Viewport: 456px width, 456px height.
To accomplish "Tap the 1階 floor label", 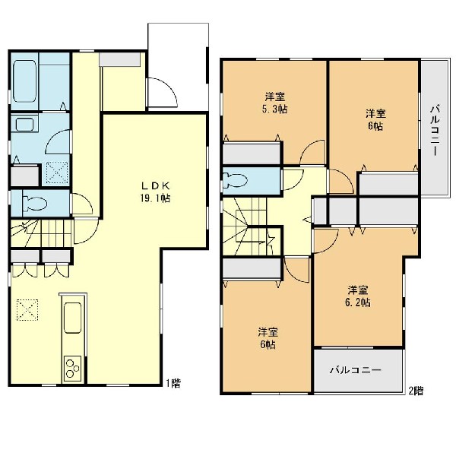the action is [x=173, y=383].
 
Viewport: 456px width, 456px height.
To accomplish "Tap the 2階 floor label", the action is [x=416, y=391].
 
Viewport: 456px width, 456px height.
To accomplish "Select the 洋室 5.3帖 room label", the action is [x=274, y=103].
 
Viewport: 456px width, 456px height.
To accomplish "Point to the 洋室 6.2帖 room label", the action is [x=358, y=296].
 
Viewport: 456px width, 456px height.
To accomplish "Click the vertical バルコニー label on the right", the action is [x=435, y=130].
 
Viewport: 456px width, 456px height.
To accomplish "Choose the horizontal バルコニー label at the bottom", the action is [x=356, y=370].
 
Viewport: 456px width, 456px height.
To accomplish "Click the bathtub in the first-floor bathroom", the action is [x=24, y=81].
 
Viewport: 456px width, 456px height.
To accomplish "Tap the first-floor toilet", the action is [x=35, y=203].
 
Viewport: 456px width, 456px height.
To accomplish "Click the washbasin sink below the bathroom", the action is [x=24, y=124].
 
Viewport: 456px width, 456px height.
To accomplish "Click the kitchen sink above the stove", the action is [x=72, y=318].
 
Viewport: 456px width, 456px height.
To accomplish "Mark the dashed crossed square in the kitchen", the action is [x=27, y=310].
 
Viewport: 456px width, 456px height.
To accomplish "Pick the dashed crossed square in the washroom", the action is [x=57, y=173].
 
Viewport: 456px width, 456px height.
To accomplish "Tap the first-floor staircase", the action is [x=41, y=233].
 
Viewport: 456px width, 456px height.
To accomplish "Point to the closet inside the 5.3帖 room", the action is [x=252, y=154].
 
